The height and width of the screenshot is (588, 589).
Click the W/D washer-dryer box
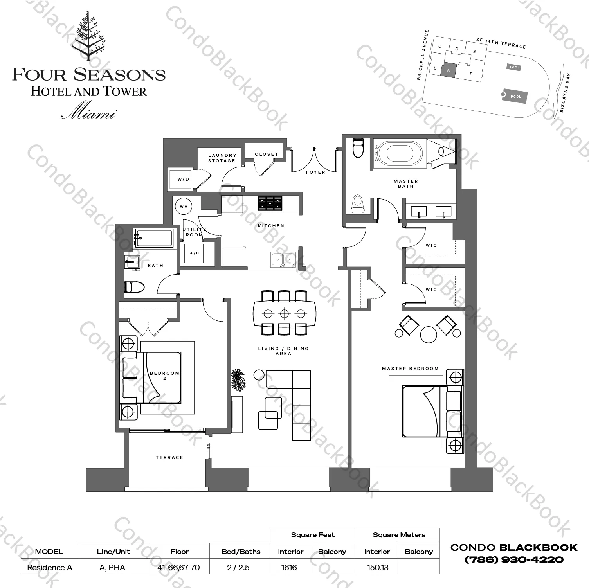pyautogui.click(x=182, y=179)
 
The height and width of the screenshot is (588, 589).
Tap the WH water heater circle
pyautogui.click(x=184, y=206)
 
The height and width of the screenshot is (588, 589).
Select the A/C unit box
pyautogui.click(x=195, y=253)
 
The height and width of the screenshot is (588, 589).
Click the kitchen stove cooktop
pyautogui.click(x=270, y=203)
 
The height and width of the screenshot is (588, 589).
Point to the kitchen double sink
pyautogui.click(x=283, y=259)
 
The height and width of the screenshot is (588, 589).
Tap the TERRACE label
pyautogui.click(x=169, y=457)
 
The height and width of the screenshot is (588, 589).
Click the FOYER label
pyautogui.click(x=315, y=172)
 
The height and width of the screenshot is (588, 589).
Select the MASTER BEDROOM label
pyautogui.click(x=410, y=369)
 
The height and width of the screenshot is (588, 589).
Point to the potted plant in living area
pyautogui.click(x=238, y=380)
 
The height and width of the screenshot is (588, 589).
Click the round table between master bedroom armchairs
pyautogui.click(x=429, y=334)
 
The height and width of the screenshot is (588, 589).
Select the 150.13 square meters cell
pyautogui.click(x=377, y=567)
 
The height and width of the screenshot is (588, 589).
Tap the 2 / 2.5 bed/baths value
pyautogui.click(x=238, y=567)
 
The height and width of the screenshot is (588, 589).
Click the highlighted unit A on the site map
pyautogui.click(x=449, y=71)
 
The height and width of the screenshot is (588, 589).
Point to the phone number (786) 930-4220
pyautogui.click(x=514, y=560)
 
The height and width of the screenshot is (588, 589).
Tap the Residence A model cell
pyautogui.click(x=50, y=567)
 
